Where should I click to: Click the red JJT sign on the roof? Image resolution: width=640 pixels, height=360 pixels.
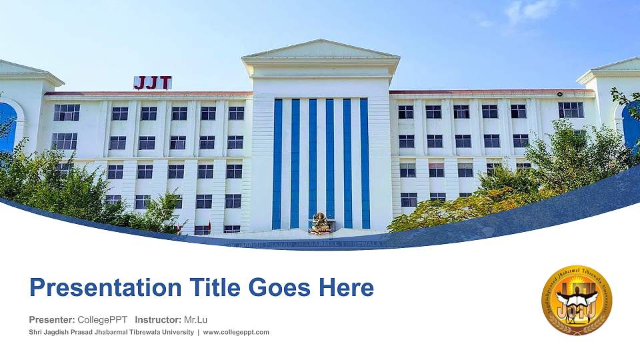153,83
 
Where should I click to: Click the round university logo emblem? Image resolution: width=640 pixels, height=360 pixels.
576,300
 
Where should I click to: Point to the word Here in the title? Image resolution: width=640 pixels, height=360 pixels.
345,288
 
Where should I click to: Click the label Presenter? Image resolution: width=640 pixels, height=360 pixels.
52,319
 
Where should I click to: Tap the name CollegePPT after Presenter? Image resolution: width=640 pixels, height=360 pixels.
103,319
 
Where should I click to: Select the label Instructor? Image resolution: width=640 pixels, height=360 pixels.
157,319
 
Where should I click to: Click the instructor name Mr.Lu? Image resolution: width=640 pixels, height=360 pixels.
195,319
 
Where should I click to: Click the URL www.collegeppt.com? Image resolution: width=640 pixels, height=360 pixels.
236,332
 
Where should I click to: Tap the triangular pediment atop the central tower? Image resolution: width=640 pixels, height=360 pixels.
321,49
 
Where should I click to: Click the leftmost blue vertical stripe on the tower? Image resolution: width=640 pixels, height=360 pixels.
277,163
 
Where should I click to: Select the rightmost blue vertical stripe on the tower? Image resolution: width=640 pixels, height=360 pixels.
365,163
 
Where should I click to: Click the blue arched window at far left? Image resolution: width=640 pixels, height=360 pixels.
7,127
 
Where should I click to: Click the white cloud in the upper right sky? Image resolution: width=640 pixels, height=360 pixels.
531,11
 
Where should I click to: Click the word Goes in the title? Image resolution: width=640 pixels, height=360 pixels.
279,288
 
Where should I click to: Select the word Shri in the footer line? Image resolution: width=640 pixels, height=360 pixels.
36,332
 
